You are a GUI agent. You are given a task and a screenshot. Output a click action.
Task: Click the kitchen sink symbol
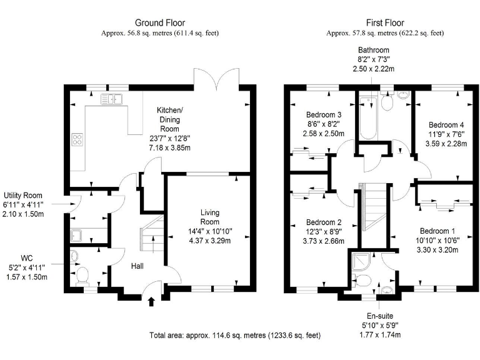click(x=113, y=98)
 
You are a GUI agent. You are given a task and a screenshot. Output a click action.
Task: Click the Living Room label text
click(x=209, y=217)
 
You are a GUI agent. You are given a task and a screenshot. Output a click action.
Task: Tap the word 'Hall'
click(x=138, y=266)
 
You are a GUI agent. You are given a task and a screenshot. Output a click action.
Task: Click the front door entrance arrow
click(x=150, y=303)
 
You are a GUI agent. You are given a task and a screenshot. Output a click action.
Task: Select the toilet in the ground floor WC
click(x=81, y=275)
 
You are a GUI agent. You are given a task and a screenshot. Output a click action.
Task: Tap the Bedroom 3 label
click(x=324, y=115)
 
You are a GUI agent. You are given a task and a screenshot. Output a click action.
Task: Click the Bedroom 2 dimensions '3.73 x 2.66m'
click(x=323, y=241)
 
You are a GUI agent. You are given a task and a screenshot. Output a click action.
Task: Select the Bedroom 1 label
click(x=438, y=229)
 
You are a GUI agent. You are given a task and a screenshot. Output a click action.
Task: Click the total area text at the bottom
click(x=236, y=336)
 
